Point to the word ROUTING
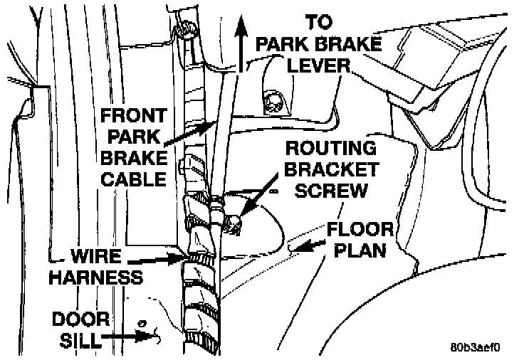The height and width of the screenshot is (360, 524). [x=330, y=149]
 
